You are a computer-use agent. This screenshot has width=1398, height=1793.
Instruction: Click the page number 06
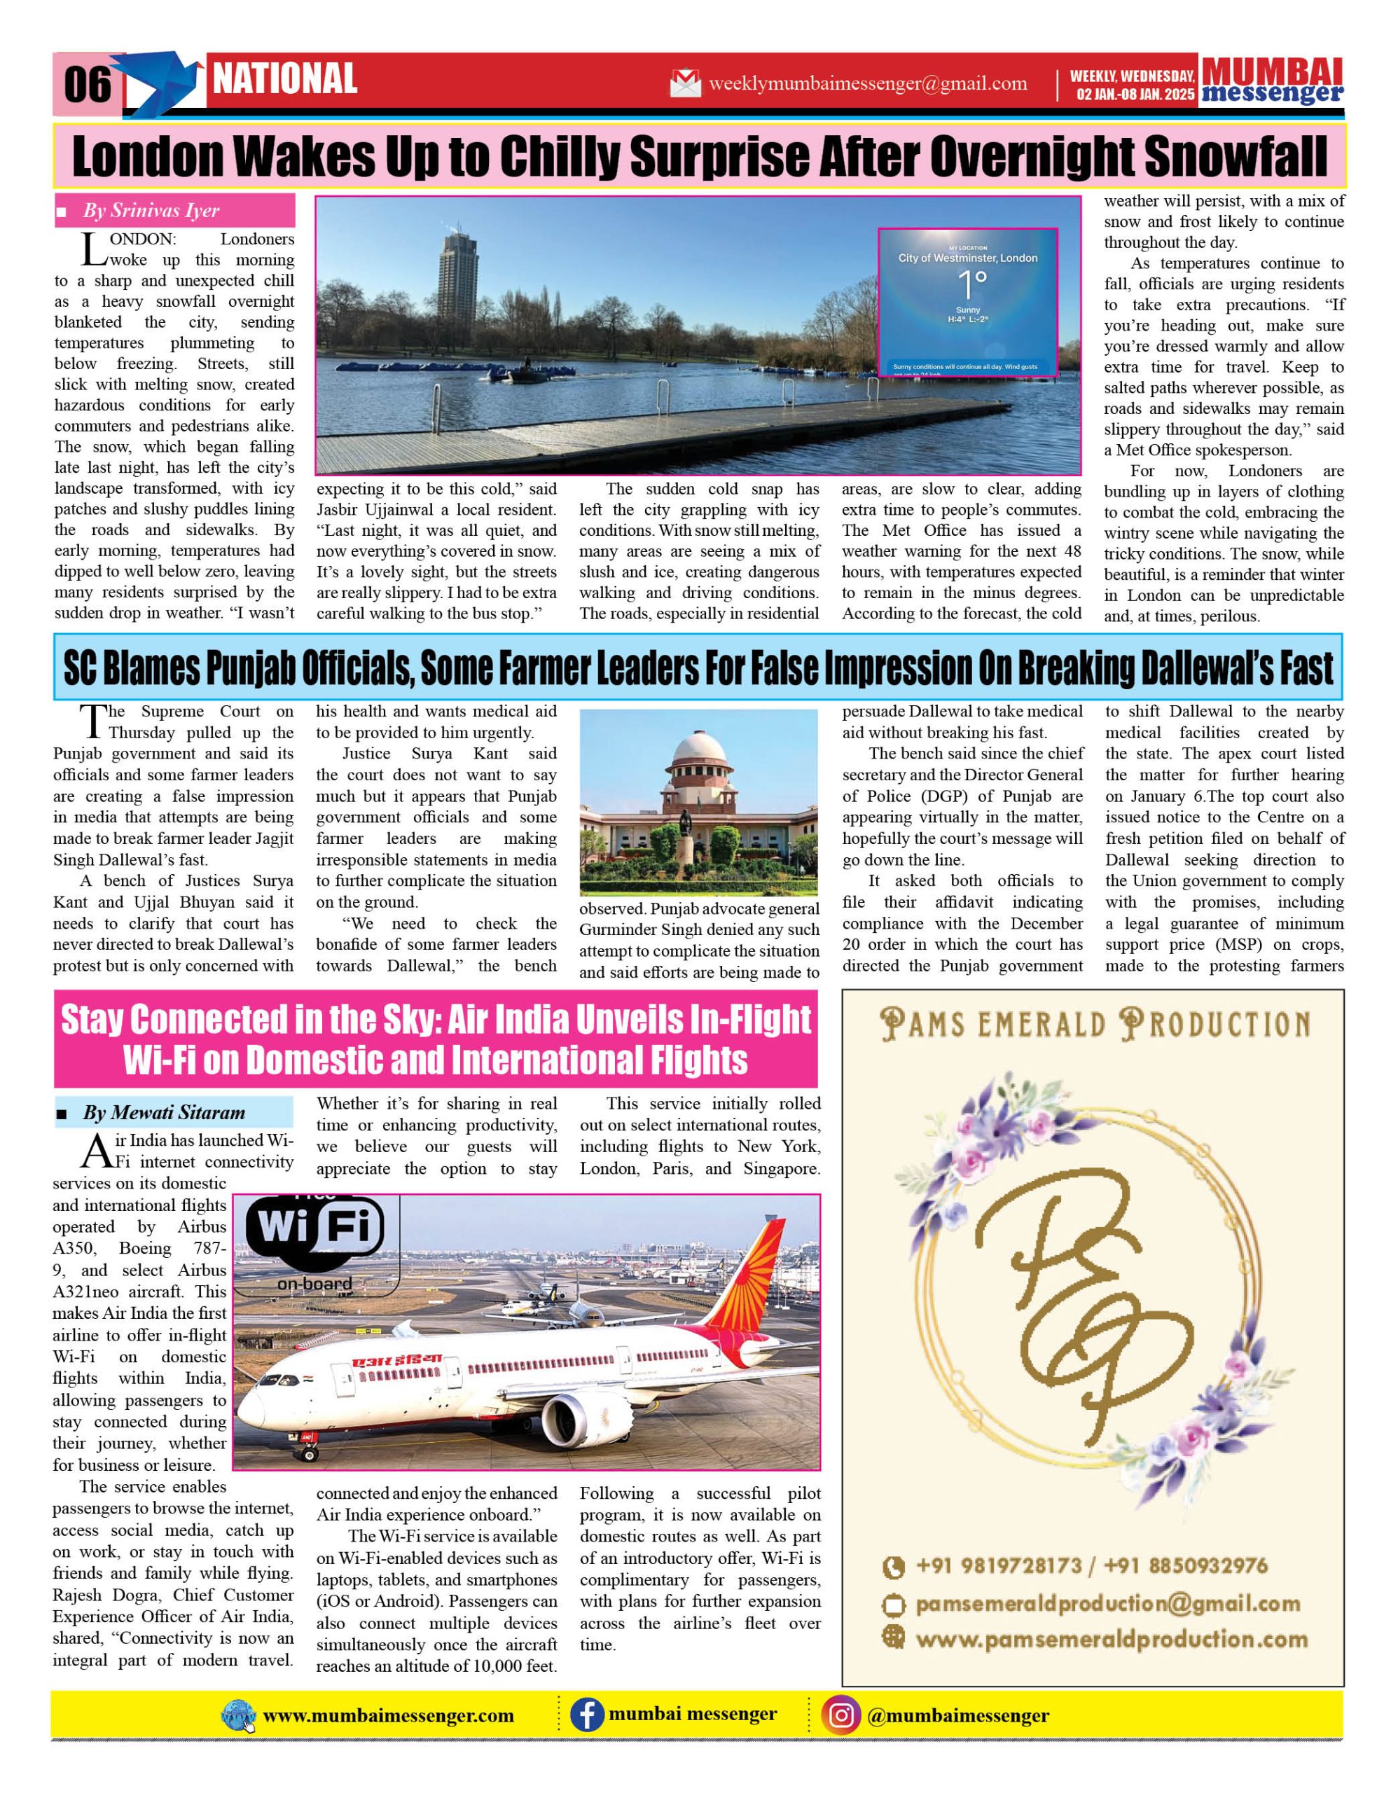[87, 84]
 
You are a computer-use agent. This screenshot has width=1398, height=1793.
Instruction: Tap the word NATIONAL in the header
[285, 80]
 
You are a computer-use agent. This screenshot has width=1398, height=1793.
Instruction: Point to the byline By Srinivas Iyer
[151, 211]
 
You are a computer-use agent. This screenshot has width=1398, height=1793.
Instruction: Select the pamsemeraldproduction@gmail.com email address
[1107, 1603]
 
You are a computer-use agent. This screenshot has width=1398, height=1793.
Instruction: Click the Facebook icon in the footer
[586, 1715]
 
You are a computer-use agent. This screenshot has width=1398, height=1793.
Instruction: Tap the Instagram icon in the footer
[840, 1715]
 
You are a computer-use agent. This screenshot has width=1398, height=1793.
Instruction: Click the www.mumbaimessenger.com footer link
[388, 1716]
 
